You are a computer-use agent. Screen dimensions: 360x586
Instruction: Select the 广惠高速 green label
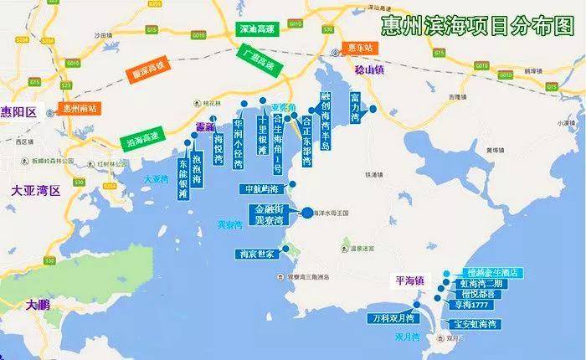(x=257, y=59)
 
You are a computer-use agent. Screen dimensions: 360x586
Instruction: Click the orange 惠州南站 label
(x=72, y=110)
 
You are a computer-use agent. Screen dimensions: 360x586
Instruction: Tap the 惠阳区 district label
(x=18, y=111)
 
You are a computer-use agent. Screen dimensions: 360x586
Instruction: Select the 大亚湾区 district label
(x=36, y=191)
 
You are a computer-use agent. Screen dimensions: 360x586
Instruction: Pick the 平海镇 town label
(x=410, y=280)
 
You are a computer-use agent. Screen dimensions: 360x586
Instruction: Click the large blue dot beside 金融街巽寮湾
(x=306, y=213)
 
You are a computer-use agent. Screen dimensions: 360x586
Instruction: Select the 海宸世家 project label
(x=255, y=254)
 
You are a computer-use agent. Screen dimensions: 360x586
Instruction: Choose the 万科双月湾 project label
(x=393, y=318)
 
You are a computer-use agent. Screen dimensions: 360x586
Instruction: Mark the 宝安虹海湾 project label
(x=475, y=324)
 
